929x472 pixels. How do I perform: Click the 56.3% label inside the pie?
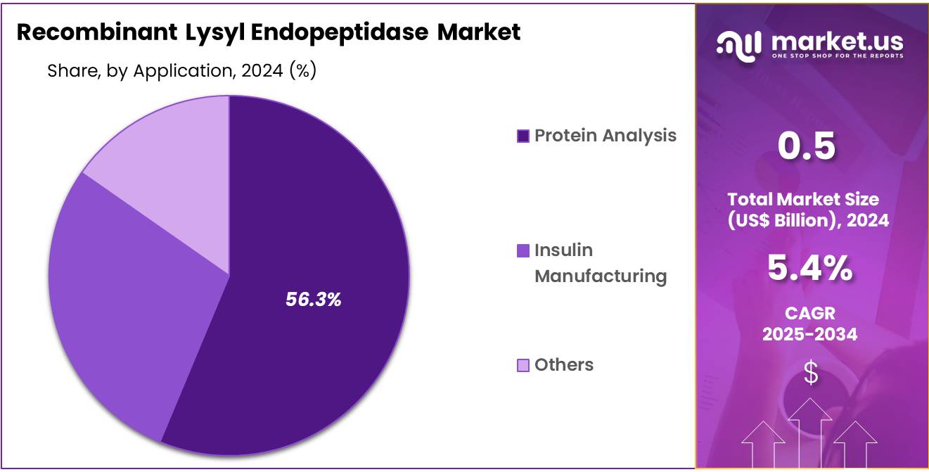313,300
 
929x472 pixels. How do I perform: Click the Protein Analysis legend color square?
523,136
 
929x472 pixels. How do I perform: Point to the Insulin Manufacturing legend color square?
523,250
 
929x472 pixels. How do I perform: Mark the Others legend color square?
523,365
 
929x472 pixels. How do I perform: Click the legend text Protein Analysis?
605,135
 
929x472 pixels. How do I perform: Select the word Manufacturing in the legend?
600,276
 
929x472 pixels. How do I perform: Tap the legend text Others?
563,364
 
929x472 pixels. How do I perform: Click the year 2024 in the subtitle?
257,71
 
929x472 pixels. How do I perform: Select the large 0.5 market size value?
807,146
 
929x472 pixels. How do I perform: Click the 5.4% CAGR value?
809,268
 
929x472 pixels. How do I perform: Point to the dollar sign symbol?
811,374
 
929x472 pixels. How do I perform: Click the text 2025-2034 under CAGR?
809,334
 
